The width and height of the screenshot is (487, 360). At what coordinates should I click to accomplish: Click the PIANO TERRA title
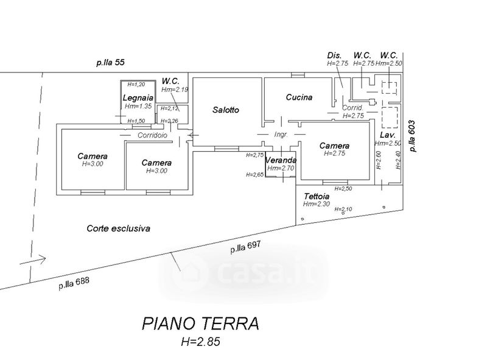click(200, 322)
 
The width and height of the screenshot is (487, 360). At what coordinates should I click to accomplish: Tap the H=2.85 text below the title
click(200, 342)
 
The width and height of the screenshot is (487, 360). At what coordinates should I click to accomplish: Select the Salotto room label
click(226, 110)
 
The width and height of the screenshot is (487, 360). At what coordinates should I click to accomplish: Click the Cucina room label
click(299, 97)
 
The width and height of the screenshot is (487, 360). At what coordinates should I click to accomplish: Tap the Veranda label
click(281, 160)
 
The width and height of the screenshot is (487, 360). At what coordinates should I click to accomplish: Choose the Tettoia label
click(317, 196)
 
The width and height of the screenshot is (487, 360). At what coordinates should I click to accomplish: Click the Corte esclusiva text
click(118, 228)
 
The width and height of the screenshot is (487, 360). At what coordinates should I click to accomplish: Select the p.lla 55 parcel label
click(110, 62)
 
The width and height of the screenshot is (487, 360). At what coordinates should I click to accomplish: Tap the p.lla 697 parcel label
click(245, 247)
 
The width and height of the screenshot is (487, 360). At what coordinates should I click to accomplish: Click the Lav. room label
click(388, 135)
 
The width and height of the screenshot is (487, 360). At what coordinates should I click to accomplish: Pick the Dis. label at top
click(334, 55)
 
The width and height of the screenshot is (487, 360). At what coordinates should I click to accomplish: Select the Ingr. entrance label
click(281, 133)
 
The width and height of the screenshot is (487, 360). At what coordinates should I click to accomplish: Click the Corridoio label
click(152, 135)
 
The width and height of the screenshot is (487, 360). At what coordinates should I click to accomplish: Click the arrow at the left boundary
click(33, 259)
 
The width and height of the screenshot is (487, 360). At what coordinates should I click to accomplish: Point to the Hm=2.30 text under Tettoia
click(317, 204)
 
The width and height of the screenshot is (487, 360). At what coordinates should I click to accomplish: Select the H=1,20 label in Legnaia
click(137, 84)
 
